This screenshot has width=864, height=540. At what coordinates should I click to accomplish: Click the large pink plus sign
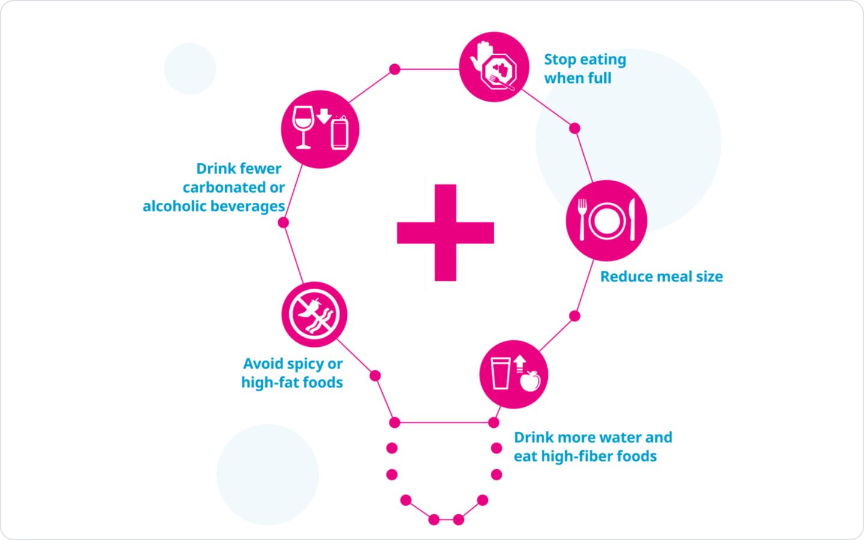[x=445, y=233]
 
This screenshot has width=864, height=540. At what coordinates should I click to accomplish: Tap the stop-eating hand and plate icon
[x=494, y=67]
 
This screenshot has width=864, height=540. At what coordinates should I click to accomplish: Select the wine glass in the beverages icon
[x=303, y=127]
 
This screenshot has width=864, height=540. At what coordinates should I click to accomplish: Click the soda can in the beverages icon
[x=340, y=132]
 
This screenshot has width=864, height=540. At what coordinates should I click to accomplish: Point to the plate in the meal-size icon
[x=607, y=221]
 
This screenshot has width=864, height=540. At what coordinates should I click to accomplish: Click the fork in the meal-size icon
[x=582, y=220]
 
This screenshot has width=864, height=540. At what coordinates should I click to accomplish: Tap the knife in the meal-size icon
[x=632, y=220]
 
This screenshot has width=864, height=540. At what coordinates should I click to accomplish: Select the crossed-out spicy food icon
[x=314, y=314]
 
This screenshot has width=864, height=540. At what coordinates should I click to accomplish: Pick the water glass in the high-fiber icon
[x=500, y=373]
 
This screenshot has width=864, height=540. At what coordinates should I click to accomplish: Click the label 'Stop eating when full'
[x=585, y=68]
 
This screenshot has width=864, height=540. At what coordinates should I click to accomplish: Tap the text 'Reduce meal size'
[x=661, y=277]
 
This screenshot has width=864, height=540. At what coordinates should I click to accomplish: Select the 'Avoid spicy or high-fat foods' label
[x=292, y=373]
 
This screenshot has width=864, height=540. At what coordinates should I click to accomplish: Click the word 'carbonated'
[x=221, y=187]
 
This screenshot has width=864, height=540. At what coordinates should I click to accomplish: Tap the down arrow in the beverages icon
[x=324, y=116]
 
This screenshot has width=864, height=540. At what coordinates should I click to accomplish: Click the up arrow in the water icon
[x=520, y=364]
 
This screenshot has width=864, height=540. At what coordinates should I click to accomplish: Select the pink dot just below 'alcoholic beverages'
[x=283, y=223]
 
